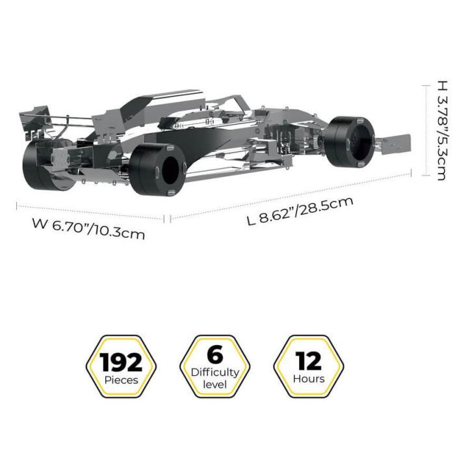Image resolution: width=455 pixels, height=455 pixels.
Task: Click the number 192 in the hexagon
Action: point(121,362)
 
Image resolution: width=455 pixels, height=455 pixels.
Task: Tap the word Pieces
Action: point(122,380)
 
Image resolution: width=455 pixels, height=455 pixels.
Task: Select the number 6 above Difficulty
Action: point(215,354)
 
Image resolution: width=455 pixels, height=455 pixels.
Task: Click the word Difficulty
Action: point(215,372)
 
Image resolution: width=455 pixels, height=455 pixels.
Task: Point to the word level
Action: point(214,385)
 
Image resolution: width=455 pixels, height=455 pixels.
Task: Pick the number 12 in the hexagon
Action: point(309,361)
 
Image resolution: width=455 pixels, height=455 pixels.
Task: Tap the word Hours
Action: point(309,379)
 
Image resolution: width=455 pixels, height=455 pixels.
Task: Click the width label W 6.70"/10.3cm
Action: point(88,229)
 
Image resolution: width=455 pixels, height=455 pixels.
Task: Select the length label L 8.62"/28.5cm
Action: point(300,211)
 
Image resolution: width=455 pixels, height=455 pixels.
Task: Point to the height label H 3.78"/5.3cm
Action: point(441,130)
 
